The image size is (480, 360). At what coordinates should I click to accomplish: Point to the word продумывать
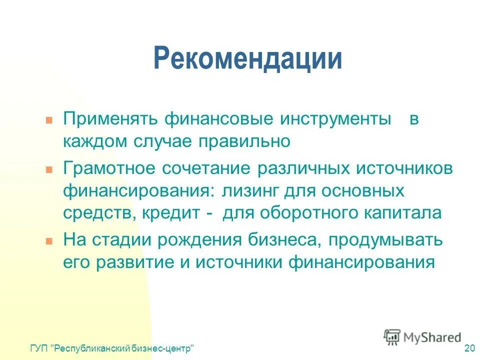(385, 239)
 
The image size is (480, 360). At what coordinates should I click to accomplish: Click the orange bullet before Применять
(49, 121)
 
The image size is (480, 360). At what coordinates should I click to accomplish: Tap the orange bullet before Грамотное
(49, 169)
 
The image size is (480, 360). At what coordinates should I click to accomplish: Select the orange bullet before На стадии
(49, 240)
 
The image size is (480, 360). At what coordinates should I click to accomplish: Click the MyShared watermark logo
(422, 337)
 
